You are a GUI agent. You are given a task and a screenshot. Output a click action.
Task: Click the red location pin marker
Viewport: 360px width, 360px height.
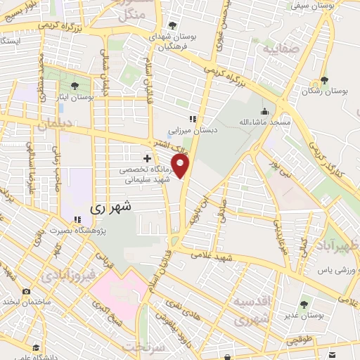[181, 166]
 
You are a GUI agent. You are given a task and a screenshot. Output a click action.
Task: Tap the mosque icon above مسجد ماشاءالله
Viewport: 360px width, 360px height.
[264, 110]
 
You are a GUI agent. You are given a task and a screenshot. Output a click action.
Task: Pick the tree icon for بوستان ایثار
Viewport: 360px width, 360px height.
[75, 86]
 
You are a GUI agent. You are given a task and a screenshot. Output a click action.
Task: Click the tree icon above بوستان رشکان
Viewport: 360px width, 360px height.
[324, 80]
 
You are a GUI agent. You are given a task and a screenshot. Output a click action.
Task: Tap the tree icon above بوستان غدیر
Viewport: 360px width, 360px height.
[304, 304]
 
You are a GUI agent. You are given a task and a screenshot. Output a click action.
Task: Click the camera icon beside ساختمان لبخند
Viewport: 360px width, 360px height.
[26, 292]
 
